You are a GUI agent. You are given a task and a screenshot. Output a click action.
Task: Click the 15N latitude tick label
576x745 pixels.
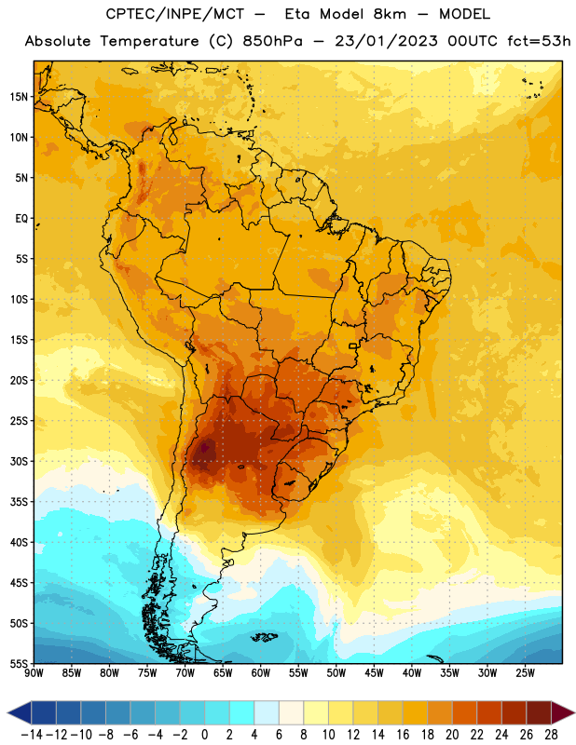(x=19, y=97)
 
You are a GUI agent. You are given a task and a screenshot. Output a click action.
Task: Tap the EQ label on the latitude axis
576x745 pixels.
(x=21, y=219)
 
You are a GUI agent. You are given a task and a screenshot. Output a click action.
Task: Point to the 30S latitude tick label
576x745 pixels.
(x=19, y=461)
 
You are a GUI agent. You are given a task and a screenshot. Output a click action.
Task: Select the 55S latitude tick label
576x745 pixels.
(x=19, y=664)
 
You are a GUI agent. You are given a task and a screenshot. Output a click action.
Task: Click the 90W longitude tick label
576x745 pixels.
(x=34, y=672)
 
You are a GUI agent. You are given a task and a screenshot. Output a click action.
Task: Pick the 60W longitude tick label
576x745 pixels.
(x=261, y=672)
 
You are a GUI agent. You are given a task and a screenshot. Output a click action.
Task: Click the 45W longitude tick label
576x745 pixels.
(x=374, y=672)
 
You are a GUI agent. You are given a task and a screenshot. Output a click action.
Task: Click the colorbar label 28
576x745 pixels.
(x=551, y=735)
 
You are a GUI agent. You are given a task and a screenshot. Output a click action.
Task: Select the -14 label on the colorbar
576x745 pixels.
(x=32, y=735)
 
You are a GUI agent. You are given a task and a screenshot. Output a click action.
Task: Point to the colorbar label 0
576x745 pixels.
(x=204, y=735)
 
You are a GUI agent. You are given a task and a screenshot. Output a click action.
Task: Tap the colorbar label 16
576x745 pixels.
(x=403, y=735)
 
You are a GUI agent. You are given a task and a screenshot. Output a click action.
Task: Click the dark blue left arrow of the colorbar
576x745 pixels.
(x=20, y=712)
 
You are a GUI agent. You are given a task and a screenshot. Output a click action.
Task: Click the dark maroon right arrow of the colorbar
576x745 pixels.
(x=563, y=712)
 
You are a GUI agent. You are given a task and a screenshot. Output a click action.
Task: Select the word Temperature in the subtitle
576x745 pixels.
(x=149, y=41)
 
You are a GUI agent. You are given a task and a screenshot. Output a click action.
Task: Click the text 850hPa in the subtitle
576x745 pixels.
(x=272, y=41)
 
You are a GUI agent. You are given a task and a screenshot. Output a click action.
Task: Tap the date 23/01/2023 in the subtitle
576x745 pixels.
(x=386, y=41)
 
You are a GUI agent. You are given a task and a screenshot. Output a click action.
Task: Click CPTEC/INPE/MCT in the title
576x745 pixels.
(x=175, y=14)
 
